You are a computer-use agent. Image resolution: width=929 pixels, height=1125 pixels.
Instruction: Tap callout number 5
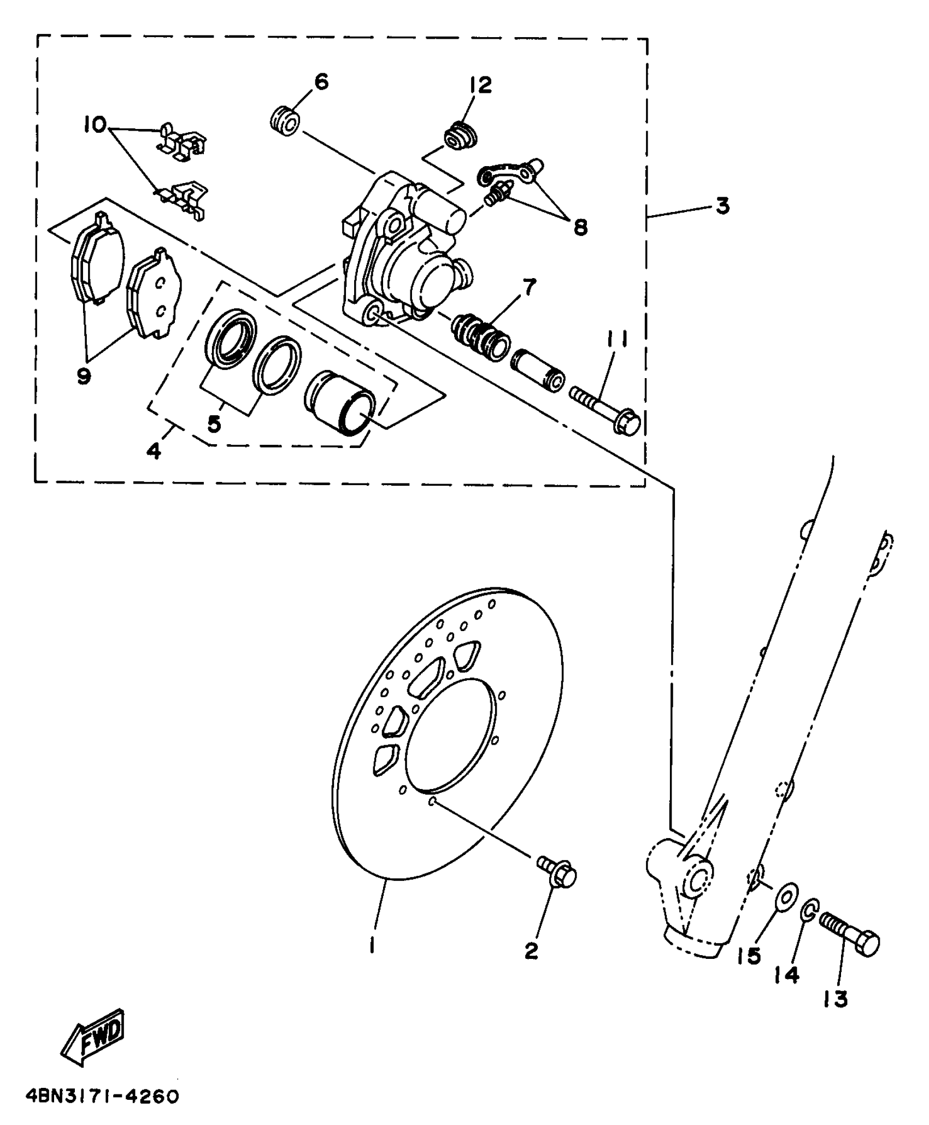(x=214, y=423)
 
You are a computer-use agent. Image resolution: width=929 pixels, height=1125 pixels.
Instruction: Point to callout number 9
(x=84, y=375)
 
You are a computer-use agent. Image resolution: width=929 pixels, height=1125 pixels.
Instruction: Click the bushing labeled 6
(x=285, y=121)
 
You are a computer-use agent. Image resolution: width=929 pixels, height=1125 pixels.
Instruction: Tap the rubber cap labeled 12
(x=461, y=137)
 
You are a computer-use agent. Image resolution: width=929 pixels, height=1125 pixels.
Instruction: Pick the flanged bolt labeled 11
(x=605, y=410)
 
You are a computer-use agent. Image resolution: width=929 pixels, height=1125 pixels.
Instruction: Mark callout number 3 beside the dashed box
(x=722, y=207)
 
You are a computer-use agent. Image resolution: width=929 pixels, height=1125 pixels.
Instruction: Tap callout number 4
(x=155, y=451)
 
